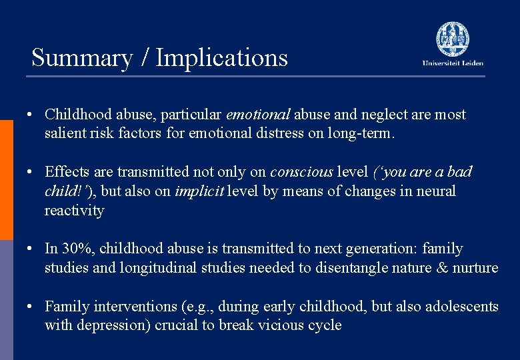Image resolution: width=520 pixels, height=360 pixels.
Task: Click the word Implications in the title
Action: coord(221,58)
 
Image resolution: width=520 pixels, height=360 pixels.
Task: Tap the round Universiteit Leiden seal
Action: coord(453,38)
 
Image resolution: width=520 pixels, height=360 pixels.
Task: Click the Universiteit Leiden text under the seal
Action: coord(453,63)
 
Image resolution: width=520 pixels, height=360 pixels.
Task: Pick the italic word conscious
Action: coord(301,172)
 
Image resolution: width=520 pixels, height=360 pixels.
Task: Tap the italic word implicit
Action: coord(199,191)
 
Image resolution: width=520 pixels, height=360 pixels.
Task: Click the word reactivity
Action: coord(75,211)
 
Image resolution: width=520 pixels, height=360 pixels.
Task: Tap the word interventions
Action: coord(137,307)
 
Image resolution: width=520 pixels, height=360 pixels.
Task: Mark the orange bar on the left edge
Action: coord(6,180)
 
